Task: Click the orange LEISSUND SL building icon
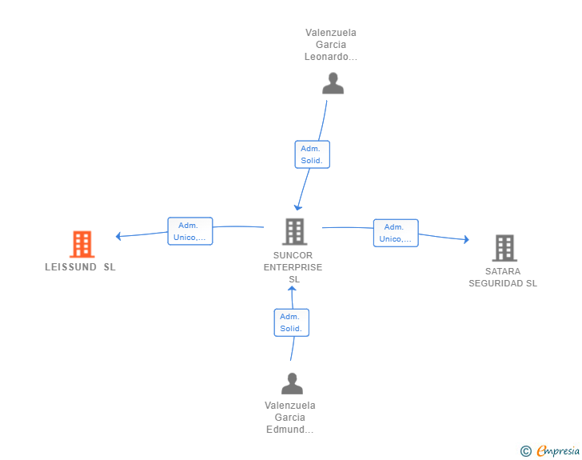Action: [x=82, y=244]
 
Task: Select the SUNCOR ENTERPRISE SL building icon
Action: [x=295, y=231]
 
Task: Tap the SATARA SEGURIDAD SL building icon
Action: [x=504, y=248]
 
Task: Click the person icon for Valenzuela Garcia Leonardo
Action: [x=333, y=83]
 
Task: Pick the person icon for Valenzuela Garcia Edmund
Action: [x=292, y=383]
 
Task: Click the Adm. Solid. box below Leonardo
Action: [x=312, y=154]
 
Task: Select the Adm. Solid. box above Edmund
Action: [x=291, y=322]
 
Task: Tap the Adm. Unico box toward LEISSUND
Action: [x=190, y=231]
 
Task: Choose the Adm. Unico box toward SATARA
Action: [x=396, y=233]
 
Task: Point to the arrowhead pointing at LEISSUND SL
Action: [x=118, y=236]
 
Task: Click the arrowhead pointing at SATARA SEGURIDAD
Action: [x=467, y=240]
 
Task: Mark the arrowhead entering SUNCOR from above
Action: [x=297, y=208]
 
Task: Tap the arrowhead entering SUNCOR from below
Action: [x=292, y=288]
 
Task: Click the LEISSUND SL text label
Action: [x=80, y=267]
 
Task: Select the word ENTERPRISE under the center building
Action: [x=293, y=267]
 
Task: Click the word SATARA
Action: [x=503, y=271]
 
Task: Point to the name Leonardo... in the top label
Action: [x=331, y=57]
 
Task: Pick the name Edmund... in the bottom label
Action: [x=290, y=430]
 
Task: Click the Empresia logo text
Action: [x=558, y=450]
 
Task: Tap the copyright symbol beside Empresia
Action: [x=526, y=451]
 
